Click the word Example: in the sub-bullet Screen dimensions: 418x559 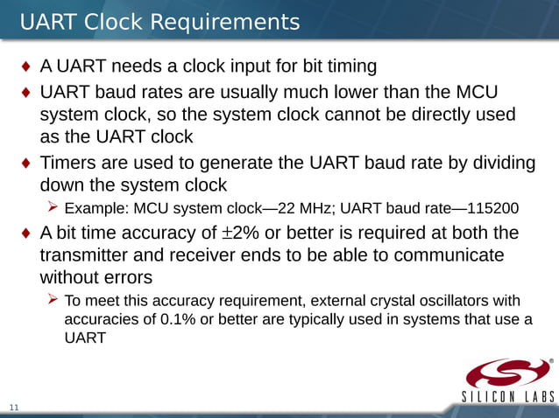[96, 208]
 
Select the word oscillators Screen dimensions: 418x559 [444, 301]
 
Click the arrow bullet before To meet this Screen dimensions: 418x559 [53, 300]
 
